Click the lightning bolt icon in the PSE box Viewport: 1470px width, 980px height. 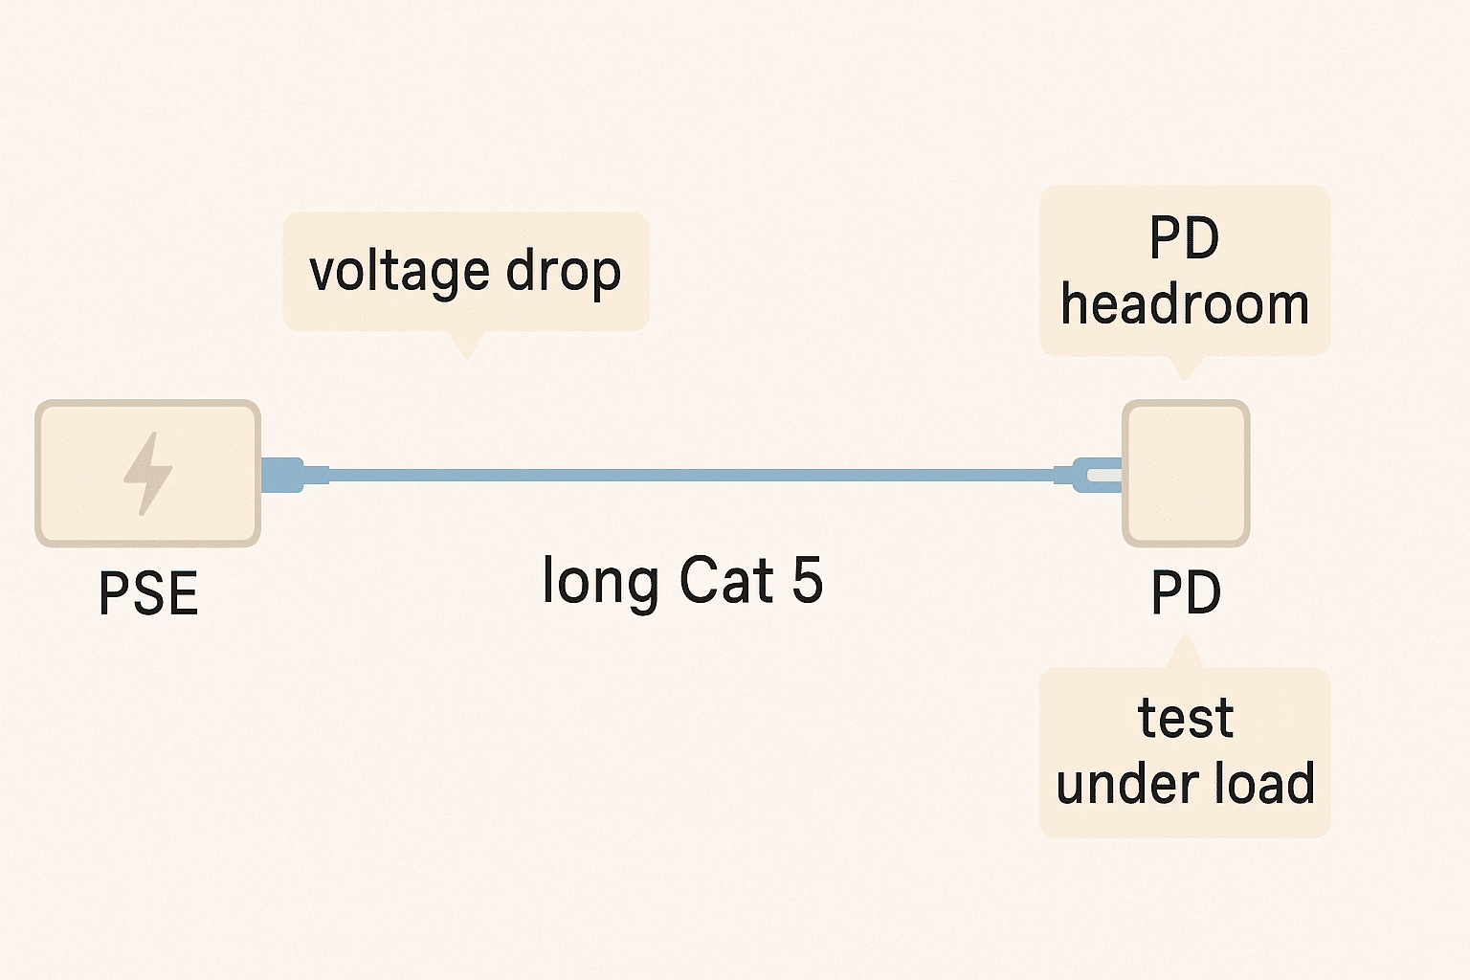[x=148, y=473]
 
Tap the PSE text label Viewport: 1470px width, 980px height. [x=148, y=593]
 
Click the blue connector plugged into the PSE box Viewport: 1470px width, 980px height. [x=282, y=475]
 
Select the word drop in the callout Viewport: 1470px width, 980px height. [x=564, y=272]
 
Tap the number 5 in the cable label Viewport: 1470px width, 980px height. [x=808, y=580]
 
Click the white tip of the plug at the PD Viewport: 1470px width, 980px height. [x=1104, y=474]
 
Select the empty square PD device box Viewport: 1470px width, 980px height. [x=1186, y=474]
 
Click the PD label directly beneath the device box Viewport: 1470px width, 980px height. [x=1186, y=593]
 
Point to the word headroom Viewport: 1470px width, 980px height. [x=1185, y=306]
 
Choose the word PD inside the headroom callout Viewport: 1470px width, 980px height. [x=1185, y=238]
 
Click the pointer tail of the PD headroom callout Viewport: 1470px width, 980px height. [x=1185, y=367]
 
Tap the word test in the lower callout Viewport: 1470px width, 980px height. [x=1186, y=719]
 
